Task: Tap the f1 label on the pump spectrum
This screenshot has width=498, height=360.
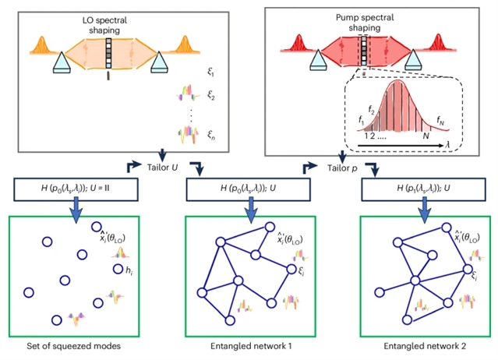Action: (361, 121)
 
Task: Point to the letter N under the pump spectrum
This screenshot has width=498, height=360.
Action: (426, 134)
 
